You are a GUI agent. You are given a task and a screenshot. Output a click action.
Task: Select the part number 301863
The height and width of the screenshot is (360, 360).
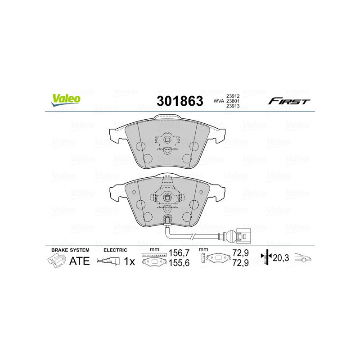click(x=179, y=101)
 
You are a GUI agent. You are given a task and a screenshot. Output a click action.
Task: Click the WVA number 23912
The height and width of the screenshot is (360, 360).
click(x=232, y=95)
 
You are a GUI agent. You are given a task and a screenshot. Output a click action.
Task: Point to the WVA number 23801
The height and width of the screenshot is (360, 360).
click(x=232, y=101)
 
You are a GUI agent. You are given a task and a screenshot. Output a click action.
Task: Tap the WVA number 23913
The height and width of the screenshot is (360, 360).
click(x=232, y=107)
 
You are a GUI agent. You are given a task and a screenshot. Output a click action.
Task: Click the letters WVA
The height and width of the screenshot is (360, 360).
click(x=218, y=101)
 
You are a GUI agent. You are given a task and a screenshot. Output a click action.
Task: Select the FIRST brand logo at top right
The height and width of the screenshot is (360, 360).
click(x=289, y=101)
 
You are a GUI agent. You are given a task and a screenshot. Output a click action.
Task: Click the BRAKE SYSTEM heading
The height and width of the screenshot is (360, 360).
click(x=70, y=250)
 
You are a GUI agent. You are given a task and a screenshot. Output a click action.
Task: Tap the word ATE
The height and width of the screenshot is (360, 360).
click(x=80, y=261)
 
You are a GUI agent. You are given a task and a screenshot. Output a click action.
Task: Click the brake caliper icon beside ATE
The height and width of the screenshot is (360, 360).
click(x=57, y=260)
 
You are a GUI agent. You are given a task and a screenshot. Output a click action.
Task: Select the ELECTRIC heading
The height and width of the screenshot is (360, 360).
click(x=115, y=250)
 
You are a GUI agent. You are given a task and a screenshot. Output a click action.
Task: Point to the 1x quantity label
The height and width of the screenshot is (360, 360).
click(x=130, y=261)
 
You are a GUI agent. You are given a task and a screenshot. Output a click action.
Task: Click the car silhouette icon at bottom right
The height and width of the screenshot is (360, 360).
click(x=303, y=258)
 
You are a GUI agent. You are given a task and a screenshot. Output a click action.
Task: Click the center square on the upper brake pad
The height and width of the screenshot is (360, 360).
click(x=167, y=139)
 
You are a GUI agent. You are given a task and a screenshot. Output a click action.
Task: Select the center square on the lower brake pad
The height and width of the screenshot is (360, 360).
click(x=167, y=197)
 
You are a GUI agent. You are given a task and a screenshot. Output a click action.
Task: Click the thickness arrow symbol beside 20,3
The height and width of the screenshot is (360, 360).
click(x=267, y=258)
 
